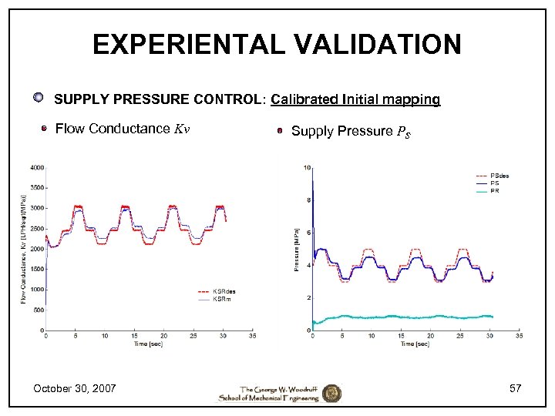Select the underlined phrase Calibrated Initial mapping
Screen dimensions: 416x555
355,99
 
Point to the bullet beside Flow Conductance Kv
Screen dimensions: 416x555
45,129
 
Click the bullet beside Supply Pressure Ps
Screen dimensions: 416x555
281,131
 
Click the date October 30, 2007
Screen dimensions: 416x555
75,388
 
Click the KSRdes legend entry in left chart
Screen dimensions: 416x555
223,291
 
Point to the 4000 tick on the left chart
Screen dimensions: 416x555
36,167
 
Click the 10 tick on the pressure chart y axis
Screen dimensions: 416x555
308,168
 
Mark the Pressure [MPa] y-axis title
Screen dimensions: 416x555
297,248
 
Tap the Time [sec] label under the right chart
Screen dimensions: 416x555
415,344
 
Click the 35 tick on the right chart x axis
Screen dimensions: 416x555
519,336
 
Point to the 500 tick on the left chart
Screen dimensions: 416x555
38,310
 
